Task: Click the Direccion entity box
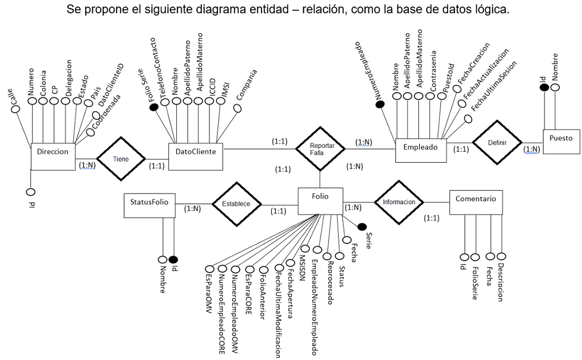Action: pos(53,152)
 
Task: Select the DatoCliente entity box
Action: pos(196,152)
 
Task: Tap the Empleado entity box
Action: pos(420,147)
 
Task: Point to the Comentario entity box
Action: pos(476,199)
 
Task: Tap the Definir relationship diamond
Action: pos(497,143)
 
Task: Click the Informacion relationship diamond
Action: pos(399,202)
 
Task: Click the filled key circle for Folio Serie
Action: pos(154,107)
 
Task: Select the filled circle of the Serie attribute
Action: pos(362,227)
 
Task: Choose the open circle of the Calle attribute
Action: pos(16,109)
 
